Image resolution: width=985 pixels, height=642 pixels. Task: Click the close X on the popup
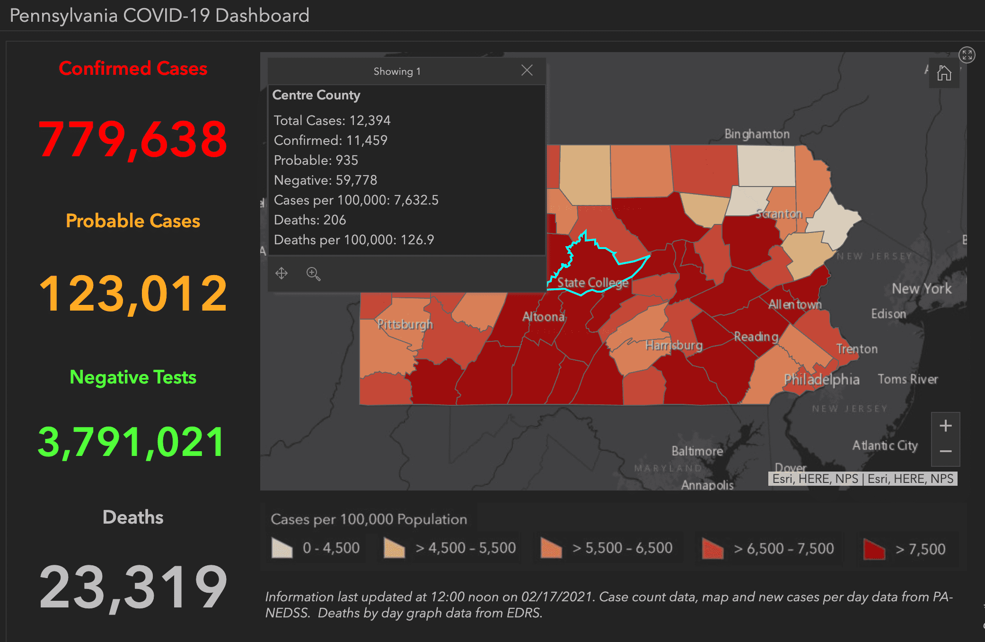point(527,71)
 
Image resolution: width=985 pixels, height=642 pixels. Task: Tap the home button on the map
point(944,73)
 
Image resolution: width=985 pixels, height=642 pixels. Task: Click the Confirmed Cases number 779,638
point(133,139)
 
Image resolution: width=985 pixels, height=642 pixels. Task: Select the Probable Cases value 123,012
point(133,294)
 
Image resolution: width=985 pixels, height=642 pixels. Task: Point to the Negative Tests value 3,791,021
point(132,442)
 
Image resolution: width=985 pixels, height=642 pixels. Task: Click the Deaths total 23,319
point(133,587)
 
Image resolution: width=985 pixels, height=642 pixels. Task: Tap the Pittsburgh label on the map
point(405,324)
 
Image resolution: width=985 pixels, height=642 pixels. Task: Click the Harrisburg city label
point(674,345)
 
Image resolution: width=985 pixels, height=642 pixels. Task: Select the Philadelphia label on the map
point(821,379)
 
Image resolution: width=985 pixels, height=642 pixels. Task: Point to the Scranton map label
point(779,214)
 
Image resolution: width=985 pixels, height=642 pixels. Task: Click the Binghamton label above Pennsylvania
point(757,134)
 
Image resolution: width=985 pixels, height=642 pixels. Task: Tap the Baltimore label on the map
point(697,451)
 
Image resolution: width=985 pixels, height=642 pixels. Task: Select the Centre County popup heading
point(316,95)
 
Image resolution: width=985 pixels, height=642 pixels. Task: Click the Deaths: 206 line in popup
point(310,220)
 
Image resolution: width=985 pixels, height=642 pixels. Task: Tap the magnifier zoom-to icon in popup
point(313,274)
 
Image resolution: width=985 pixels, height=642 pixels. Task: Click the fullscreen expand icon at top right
point(967,55)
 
